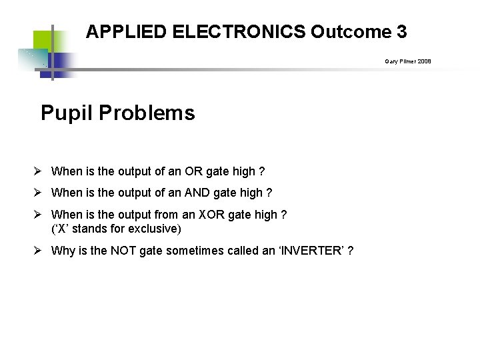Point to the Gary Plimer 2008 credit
407,61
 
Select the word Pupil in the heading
67,113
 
